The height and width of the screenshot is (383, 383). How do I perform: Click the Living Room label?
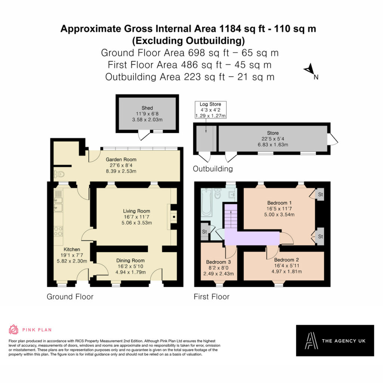[x=137, y=211]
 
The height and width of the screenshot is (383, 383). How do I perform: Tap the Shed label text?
[x=147, y=108]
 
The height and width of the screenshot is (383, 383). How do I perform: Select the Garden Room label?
[x=121, y=159]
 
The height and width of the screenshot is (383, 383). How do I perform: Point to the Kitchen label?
[x=72, y=249]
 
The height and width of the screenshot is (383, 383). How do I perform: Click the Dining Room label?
[x=131, y=261]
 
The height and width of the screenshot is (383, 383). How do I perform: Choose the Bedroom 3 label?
[x=218, y=262]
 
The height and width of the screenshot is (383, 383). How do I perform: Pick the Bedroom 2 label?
[x=287, y=260]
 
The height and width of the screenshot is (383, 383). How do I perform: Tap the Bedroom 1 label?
[x=279, y=203]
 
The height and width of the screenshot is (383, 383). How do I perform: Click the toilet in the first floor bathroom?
[x=217, y=194]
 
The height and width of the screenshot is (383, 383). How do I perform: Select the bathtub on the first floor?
[x=206, y=202]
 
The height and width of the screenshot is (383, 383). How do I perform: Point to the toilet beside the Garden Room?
[x=59, y=174]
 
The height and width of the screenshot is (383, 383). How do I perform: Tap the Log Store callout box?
[x=211, y=110]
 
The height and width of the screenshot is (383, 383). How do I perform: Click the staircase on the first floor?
[x=231, y=216]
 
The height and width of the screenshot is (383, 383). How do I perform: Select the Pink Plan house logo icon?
[x=14, y=330]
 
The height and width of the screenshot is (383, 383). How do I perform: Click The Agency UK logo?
[x=335, y=340]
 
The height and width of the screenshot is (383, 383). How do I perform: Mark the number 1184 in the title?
[x=230, y=29]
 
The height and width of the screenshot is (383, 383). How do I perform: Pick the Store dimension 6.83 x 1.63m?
[x=273, y=145]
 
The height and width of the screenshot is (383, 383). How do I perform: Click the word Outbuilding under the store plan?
[x=213, y=169]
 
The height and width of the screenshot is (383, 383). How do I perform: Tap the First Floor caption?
[x=212, y=297]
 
